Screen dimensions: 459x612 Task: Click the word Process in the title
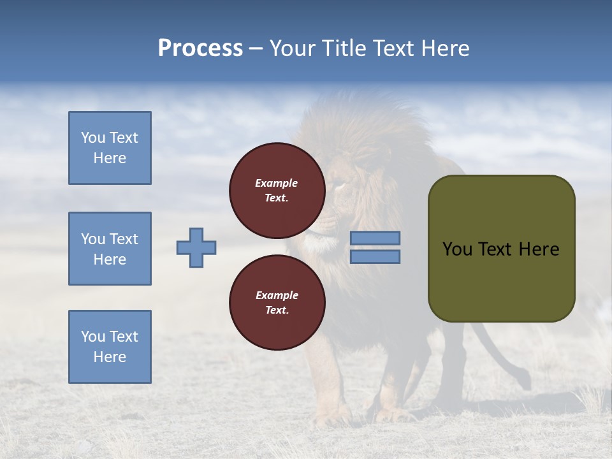coord(200,48)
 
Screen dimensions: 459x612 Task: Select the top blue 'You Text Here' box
coord(110,148)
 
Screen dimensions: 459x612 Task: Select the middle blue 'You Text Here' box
coord(110,249)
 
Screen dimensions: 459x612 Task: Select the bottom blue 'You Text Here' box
coord(110,346)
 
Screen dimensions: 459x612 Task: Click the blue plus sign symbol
coord(196,247)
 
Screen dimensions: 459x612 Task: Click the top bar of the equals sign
coord(375,238)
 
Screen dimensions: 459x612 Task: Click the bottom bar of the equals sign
coord(375,256)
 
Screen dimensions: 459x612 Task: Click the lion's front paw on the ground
coord(331,418)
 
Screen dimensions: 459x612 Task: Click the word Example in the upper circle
coord(277,183)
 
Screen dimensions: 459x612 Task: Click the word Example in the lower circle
coord(277,295)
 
